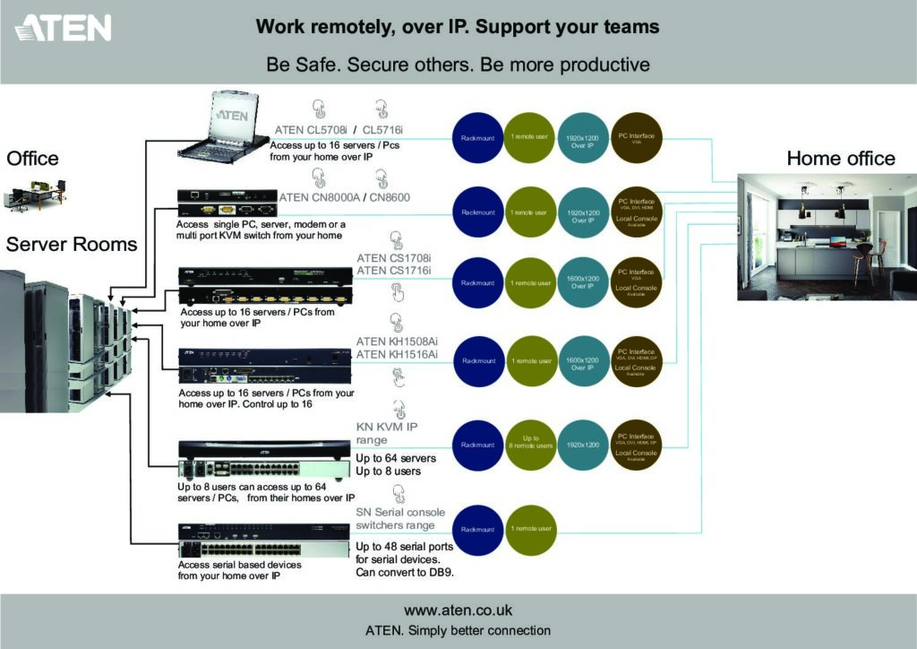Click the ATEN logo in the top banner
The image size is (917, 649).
click(63, 28)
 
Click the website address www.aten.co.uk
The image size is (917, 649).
click(458, 610)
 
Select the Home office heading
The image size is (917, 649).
click(840, 159)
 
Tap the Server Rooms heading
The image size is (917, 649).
click(72, 244)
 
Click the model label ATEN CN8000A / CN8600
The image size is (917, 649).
click(346, 197)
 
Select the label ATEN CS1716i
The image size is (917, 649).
click(393, 270)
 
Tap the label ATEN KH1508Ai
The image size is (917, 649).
click(397, 342)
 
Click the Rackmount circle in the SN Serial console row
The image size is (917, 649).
click(477, 529)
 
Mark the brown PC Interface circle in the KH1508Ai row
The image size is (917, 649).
click(637, 361)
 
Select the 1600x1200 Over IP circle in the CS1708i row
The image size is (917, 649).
click(583, 282)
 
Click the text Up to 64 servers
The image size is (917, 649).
click(396, 459)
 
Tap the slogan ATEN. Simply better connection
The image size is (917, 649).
click(458, 630)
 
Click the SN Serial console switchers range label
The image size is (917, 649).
click(400, 519)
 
